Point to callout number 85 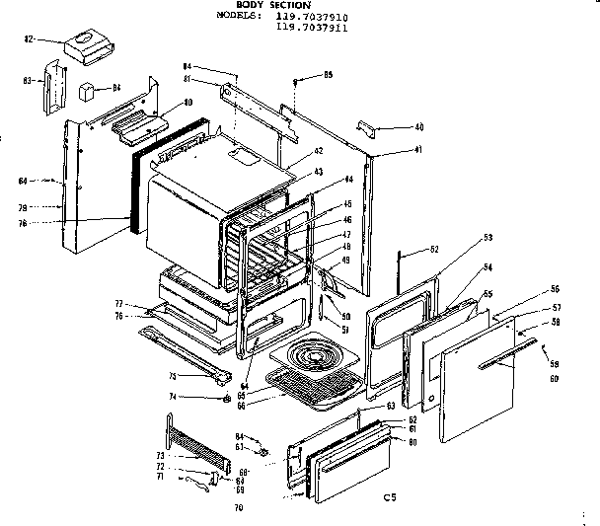coord(328,75)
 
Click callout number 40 coord(418,127)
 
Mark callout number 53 coord(487,239)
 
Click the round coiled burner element coord(317,355)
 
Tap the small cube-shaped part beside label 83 coord(89,91)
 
